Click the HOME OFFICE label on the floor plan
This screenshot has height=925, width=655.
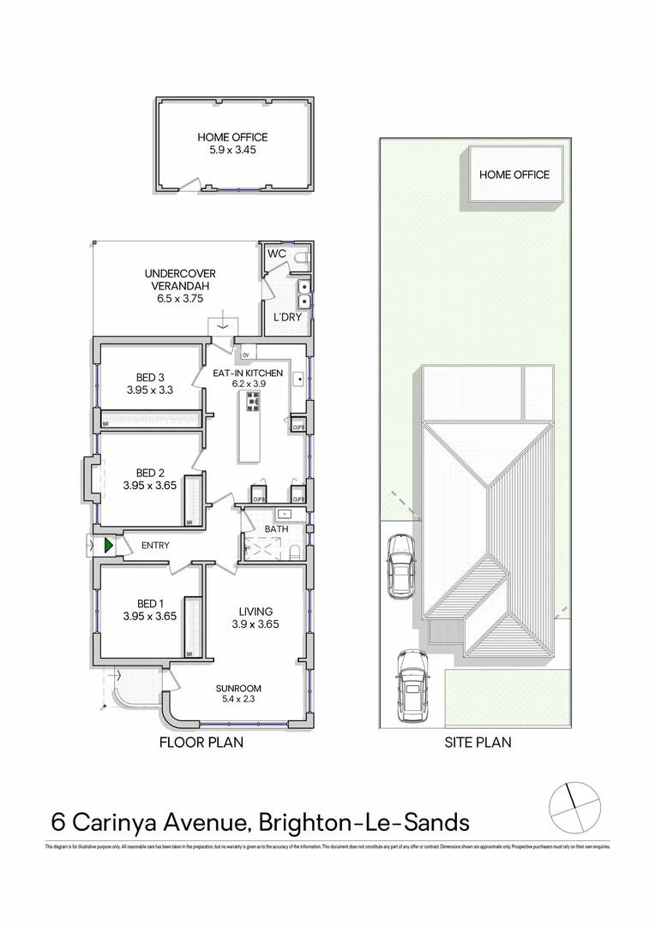point(232,136)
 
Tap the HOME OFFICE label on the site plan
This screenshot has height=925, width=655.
point(514,175)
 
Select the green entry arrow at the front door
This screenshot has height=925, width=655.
point(109,545)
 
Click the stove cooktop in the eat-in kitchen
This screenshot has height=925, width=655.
point(254,401)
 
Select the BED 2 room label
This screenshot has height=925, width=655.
point(150,473)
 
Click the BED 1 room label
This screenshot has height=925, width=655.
point(150,604)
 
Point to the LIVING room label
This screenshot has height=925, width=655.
point(255,611)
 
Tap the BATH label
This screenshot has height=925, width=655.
point(276,528)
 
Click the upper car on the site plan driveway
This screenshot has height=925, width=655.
point(400,565)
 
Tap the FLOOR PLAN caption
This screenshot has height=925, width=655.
point(202,743)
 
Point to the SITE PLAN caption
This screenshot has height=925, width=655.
point(478,743)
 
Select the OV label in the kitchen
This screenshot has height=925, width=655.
point(245,355)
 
